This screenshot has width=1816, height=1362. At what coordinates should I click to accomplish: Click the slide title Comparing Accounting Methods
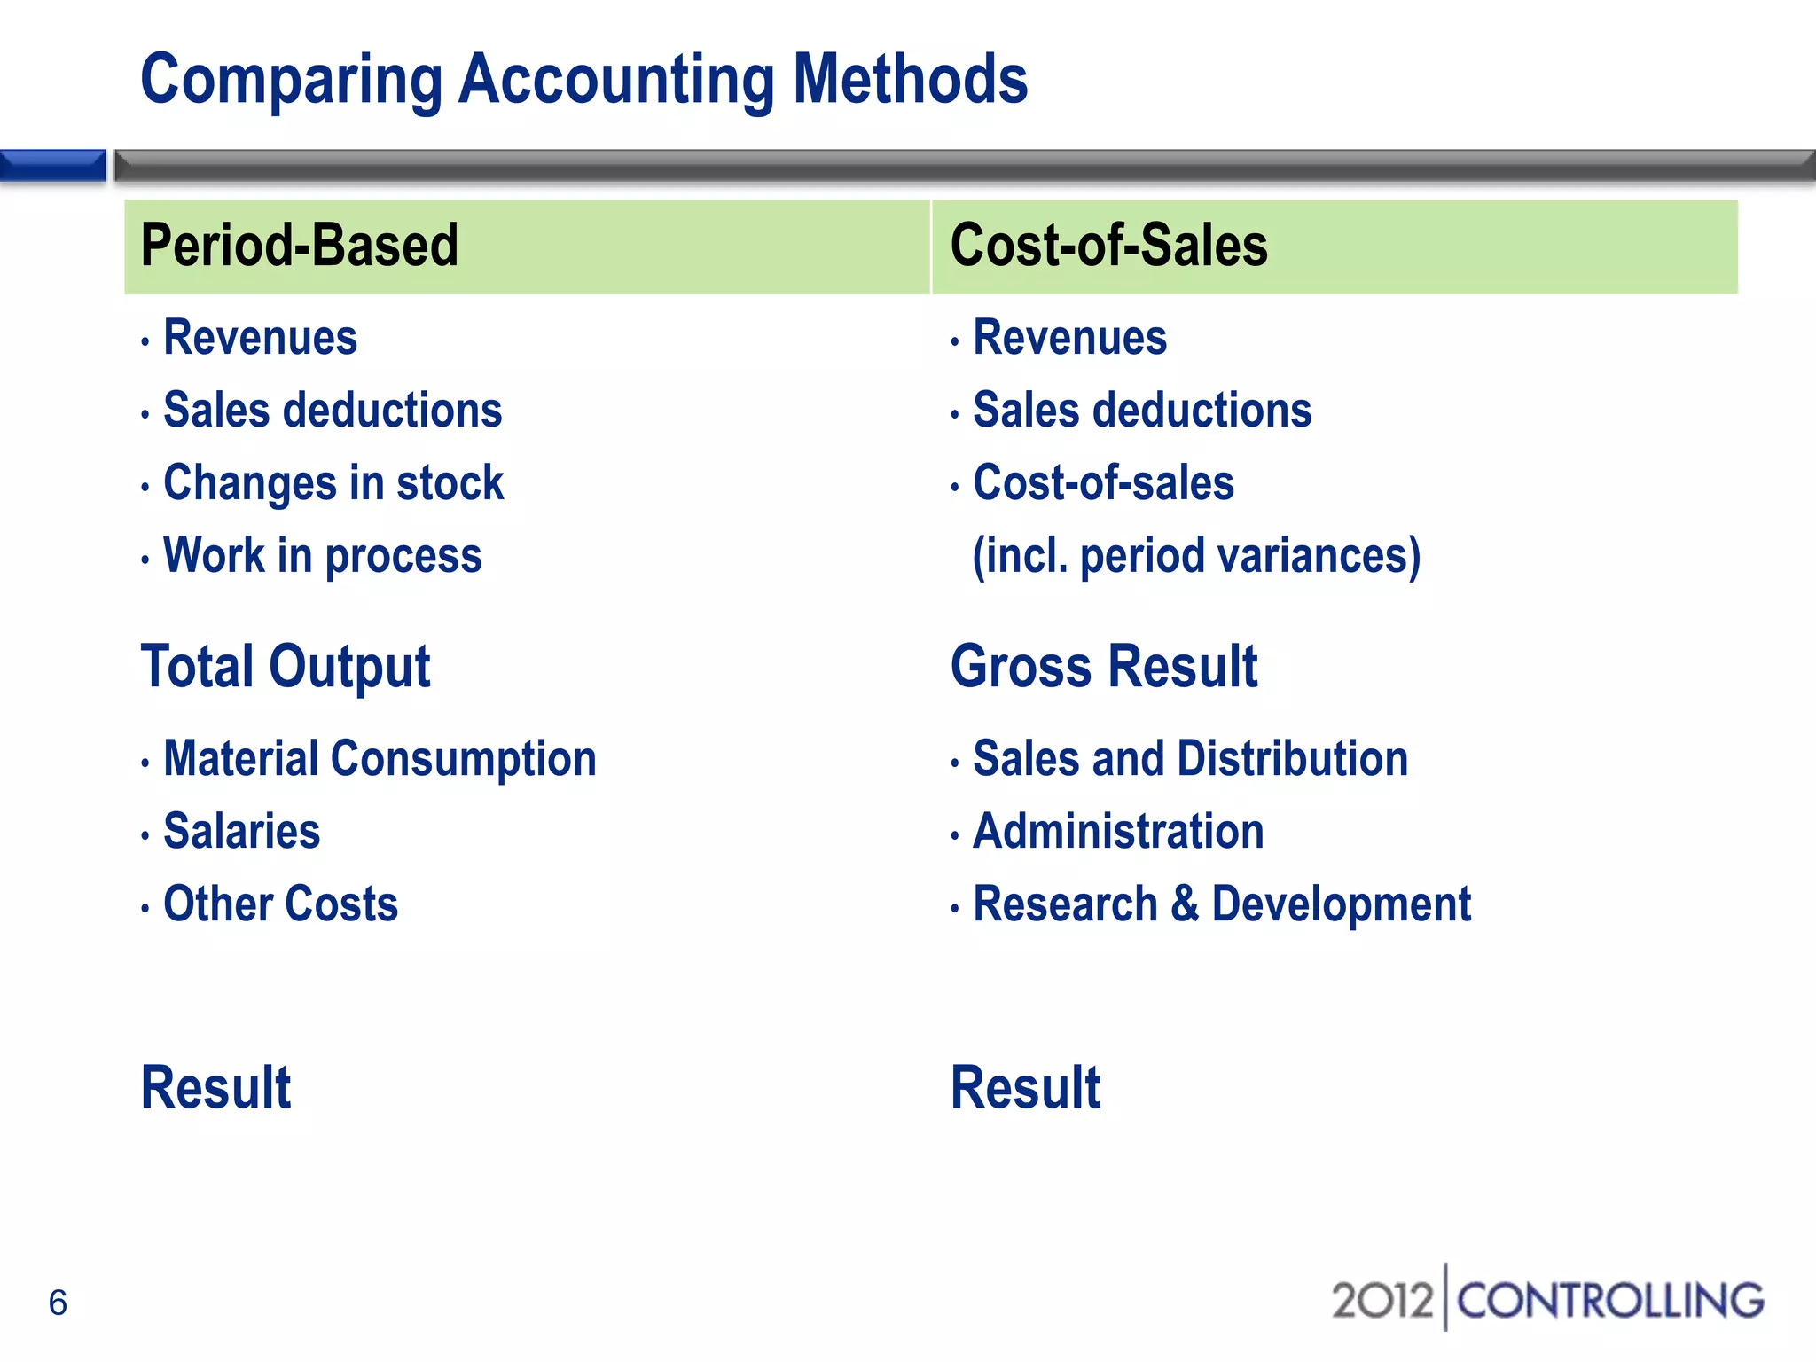tap(583, 80)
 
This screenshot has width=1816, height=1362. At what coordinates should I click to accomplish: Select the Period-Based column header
tap(300, 246)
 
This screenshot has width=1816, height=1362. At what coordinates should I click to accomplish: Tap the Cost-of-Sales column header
tap(1108, 246)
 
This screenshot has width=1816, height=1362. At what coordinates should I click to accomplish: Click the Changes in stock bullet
tap(333, 483)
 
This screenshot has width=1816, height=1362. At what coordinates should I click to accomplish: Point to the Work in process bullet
tap(323, 556)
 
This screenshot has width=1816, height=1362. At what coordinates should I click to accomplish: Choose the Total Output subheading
tap(286, 667)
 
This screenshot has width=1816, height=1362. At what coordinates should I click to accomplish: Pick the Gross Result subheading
tap(1104, 667)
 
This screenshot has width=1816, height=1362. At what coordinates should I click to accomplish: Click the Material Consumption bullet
tap(380, 759)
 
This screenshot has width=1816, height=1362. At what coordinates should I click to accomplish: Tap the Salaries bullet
tap(241, 832)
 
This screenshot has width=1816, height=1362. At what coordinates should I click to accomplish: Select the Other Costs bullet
tap(281, 904)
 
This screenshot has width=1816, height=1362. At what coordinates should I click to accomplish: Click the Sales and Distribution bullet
tap(1190, 759)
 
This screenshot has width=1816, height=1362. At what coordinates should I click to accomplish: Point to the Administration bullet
tap(1118, 832)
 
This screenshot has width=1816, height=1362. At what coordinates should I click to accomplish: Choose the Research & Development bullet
tap(1222, 904)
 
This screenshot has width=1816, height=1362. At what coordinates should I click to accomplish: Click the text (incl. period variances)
tap(1196, 556)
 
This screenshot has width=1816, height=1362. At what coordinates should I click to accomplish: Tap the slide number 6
tap(58, 1303)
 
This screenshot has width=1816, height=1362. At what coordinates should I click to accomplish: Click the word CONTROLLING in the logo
tap(1610, 1301)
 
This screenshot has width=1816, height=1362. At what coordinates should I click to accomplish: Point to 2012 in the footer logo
tap(1382, 1301)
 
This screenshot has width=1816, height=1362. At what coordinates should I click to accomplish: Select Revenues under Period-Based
tap(260, 338)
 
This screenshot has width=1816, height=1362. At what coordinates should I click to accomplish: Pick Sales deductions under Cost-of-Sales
tap(1142, 411)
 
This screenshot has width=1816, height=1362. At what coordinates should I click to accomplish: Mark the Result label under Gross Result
tap(1025, 1088)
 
